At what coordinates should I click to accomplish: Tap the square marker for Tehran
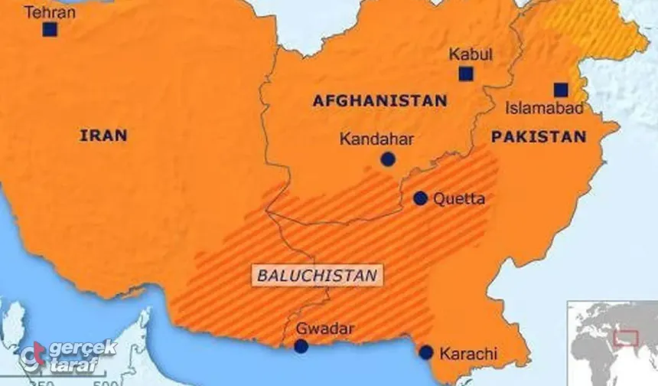point(50,30)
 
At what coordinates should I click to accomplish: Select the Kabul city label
point(471,54)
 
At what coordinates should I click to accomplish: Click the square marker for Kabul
point(465,74)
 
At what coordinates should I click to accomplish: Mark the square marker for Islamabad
point(561,89)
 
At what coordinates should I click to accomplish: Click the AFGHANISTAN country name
point(379,100)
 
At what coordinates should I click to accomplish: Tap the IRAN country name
point(103,136)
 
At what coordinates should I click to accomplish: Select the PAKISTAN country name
point(539,137)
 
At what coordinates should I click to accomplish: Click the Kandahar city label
point(376,139)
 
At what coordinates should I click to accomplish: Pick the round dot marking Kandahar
point(388,159)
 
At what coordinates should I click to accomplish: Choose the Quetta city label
point(459,198)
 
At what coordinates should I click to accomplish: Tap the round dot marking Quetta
point(420,198)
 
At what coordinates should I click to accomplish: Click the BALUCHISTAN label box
point(316,274)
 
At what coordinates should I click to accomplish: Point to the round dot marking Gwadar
point(301,346)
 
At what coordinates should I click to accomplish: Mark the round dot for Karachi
point(426,353)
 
